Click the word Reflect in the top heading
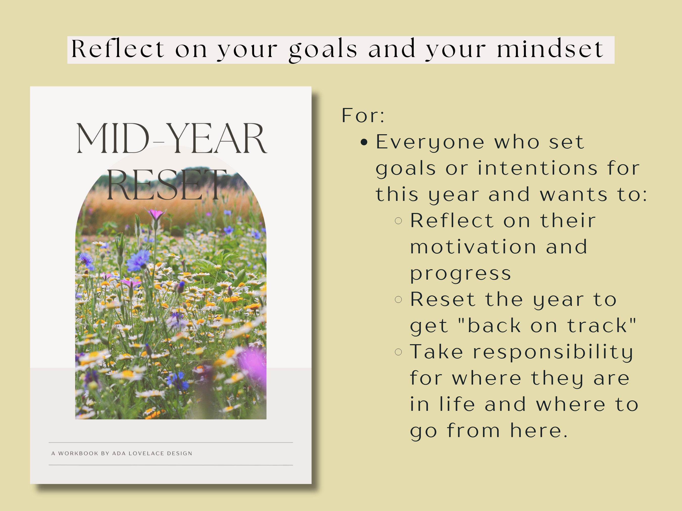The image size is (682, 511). click(x=117, y=49)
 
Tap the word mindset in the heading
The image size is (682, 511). click(x=550, y=49)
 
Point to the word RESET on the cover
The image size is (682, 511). click(x=166, y=185)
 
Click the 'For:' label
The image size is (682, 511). click(x=363, y=116)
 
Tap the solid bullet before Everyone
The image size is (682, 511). click(x=364, y=142)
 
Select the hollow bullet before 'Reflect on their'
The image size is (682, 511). click(x=398, y=221)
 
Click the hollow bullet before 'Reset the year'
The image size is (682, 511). click(x=398, y=299)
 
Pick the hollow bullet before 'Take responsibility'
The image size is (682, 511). click(x=398, y=352)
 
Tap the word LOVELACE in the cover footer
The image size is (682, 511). click(x=146, y=453)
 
